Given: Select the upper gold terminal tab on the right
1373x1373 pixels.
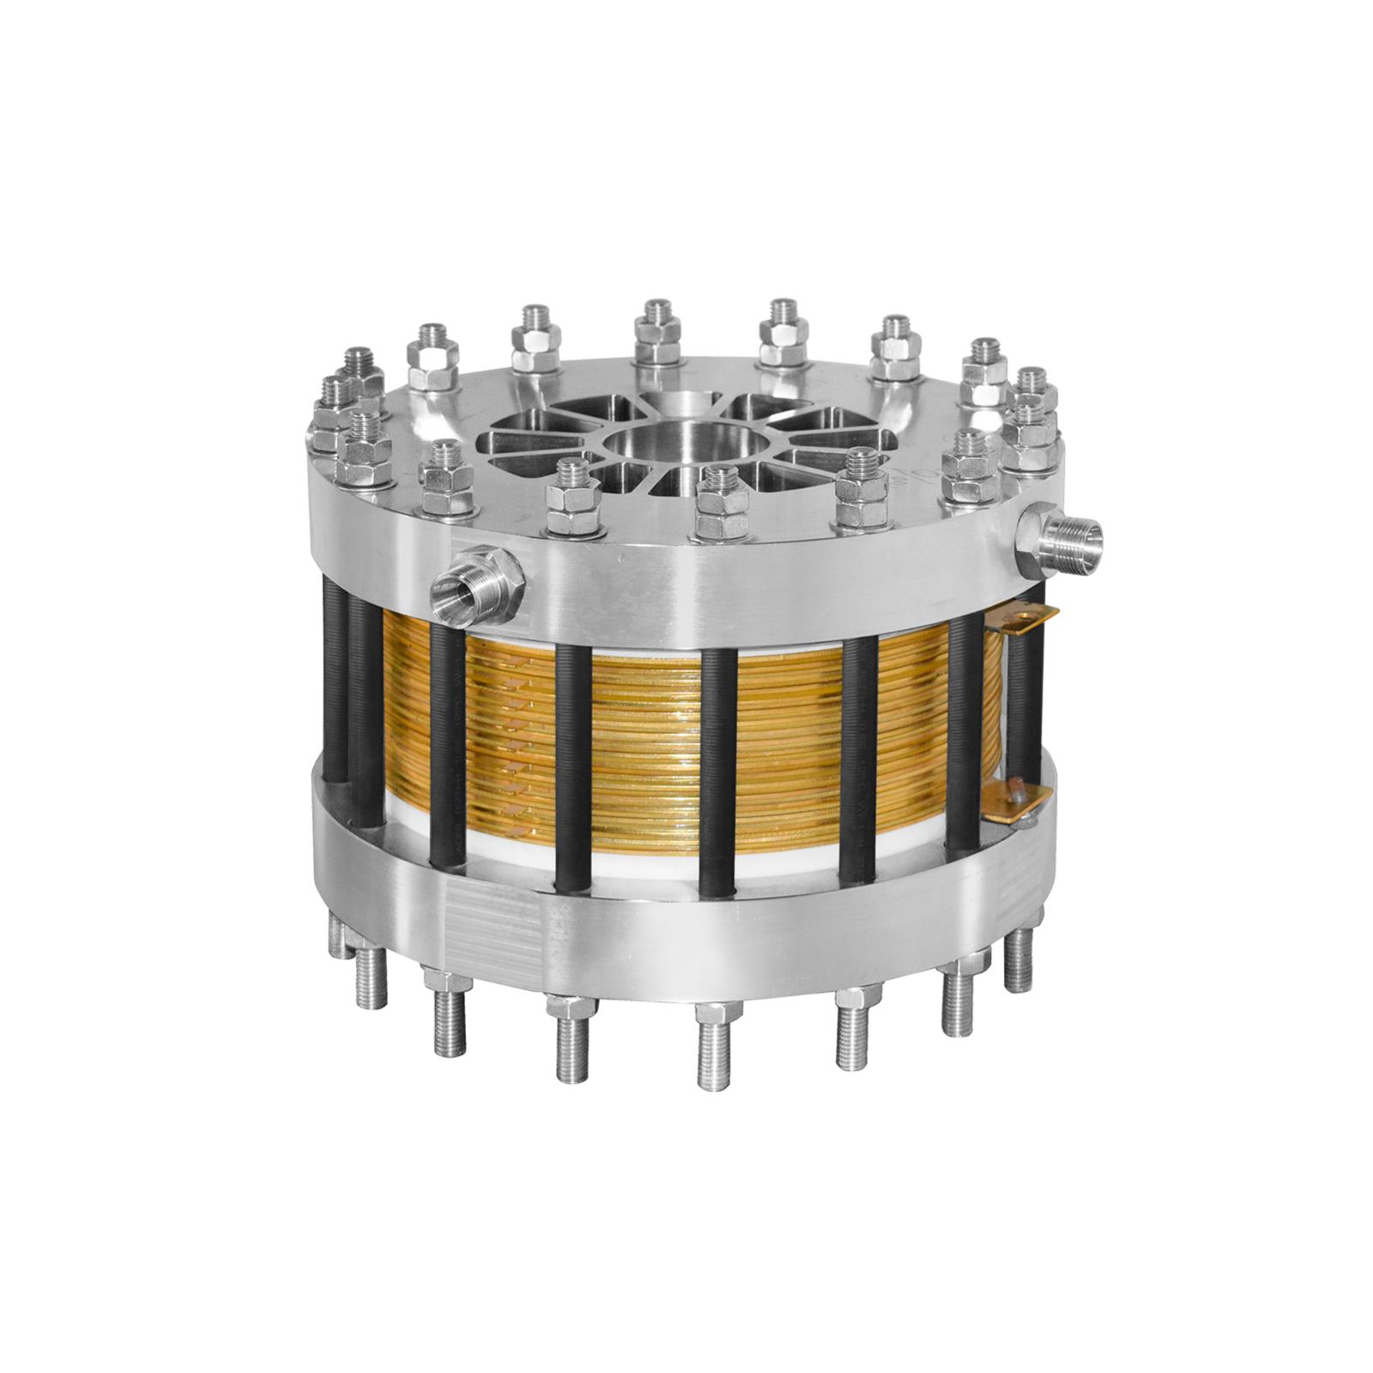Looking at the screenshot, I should [x=1025, y=617].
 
